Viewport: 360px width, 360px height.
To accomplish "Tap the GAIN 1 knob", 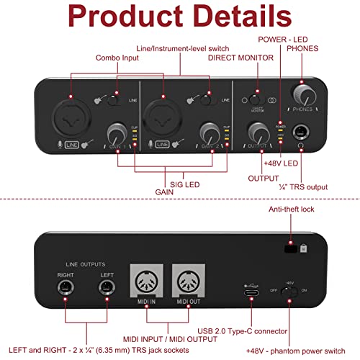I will coord(117,133).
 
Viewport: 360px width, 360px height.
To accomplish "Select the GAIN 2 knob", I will coord(209,132).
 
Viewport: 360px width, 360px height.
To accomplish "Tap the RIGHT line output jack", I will coord(64,289).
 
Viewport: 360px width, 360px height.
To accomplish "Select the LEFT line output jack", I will coord(107,289).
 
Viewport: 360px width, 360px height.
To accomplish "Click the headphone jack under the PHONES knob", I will coord(301,132).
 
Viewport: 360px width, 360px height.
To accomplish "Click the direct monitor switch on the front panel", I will coord(254,97).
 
